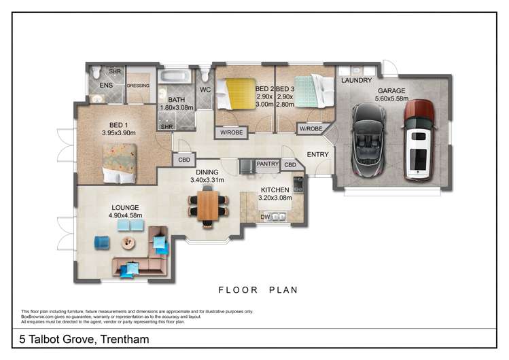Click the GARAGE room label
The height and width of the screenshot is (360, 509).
tap(393, 90)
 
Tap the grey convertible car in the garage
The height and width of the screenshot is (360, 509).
tap(368, 141)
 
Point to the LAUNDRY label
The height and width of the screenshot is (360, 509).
tap(356, 80)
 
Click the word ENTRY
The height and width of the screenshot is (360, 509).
tap(317, 154)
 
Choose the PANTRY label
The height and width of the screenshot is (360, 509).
tap(268, 164)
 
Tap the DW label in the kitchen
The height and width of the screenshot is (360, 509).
tap(265, 217)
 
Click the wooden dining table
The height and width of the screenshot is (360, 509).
tap(204, 205)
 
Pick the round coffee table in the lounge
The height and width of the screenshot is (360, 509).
tap(127, 242)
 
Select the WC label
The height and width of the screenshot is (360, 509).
tap(205, 90)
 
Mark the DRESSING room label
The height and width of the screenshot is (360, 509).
tap(138, 86)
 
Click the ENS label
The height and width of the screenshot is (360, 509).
tap(106, 86)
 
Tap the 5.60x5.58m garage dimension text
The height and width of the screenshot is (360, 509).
tap(393, 98)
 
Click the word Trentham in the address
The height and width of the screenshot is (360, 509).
tap(122, 338)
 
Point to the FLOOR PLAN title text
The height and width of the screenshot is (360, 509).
tap(258, 290)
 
